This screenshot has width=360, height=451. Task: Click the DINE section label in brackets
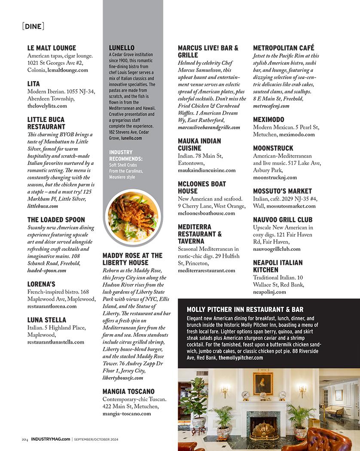[33, 27]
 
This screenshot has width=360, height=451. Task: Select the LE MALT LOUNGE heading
[52, 48]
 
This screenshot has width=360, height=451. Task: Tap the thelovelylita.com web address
[47, 106]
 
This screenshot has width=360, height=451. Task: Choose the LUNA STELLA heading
[47, 320]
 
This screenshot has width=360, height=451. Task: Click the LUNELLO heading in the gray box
[122, 48]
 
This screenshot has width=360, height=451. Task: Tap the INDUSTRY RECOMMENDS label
[126, 155]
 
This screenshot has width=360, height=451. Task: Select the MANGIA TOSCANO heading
[128, 392]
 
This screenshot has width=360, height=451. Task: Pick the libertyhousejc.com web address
[123, 378]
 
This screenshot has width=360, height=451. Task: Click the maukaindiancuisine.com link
[207, 170]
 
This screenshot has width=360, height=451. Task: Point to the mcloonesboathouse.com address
[207, 213]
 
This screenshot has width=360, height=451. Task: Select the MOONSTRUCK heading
[273, 148]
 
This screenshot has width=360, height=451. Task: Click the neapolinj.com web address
[269, 292]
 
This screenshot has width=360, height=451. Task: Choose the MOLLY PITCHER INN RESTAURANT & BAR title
[245, 309]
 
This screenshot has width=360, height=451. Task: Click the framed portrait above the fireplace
[263, 383]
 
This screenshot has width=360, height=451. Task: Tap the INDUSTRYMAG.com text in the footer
[51, 439]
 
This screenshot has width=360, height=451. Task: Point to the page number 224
[25, 439]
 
